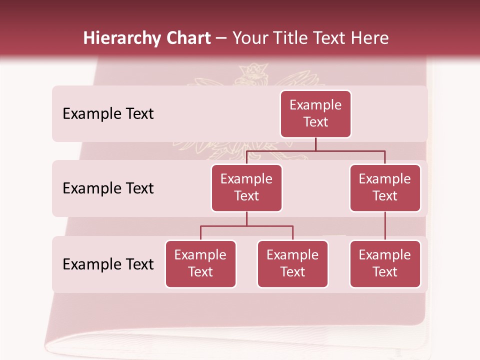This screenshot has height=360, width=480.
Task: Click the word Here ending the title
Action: [369, 38]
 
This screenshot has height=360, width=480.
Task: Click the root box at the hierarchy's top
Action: [315, 114]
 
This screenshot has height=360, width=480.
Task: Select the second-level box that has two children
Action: [246, 188]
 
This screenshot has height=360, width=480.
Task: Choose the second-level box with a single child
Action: [385, 188]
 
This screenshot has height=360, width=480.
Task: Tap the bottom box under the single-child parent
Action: [385, 264]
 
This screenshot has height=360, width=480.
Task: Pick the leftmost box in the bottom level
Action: [200, 264]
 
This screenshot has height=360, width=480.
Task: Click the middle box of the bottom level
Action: [292, 264]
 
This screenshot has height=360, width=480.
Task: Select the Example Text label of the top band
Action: [108, 114]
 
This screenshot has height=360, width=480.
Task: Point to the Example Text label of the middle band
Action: [108, 188]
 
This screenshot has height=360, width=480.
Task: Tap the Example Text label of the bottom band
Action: [108, 264]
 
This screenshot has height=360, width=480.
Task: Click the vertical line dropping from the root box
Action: [315, 144]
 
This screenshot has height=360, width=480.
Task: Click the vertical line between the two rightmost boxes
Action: [385, 226]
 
